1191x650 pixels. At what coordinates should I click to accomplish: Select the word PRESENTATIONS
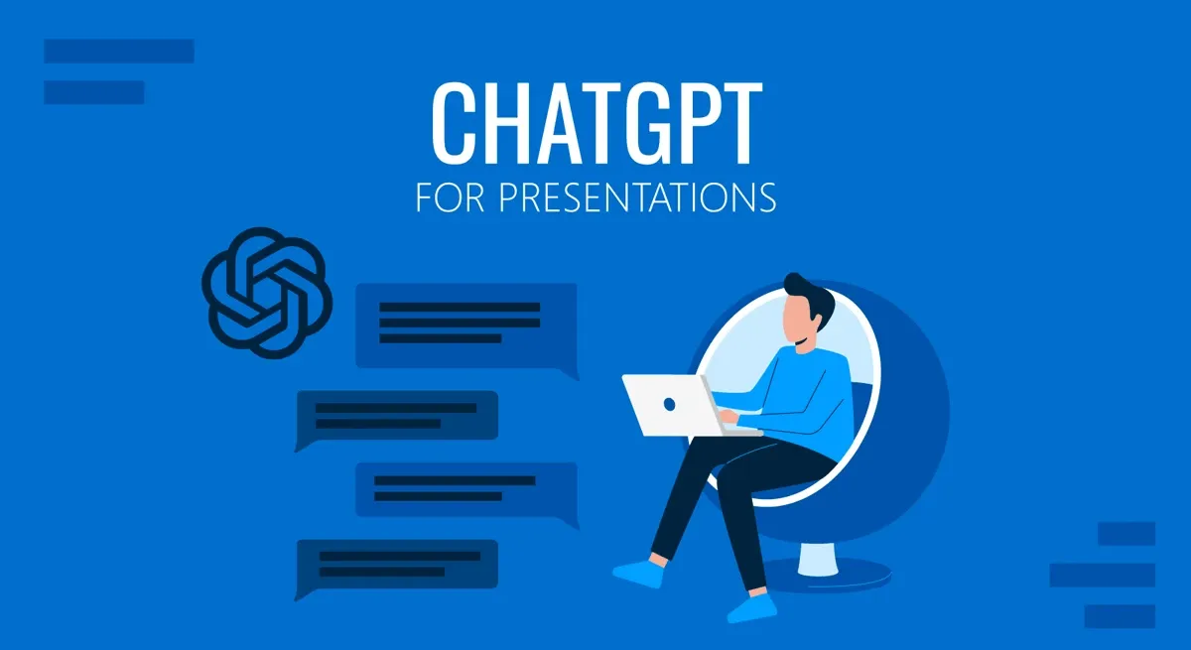(x=636, y=196)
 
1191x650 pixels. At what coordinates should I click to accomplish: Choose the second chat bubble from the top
(x=397, y=415)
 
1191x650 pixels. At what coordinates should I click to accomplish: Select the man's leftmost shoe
(x=635, y=573)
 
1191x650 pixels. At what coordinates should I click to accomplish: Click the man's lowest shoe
(x=749, y=604)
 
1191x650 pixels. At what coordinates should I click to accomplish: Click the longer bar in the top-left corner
(x=118, y=51)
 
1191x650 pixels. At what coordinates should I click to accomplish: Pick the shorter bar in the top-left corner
(x=94, y=92)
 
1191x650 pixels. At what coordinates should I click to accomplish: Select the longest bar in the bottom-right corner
(x=1102, y=575)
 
